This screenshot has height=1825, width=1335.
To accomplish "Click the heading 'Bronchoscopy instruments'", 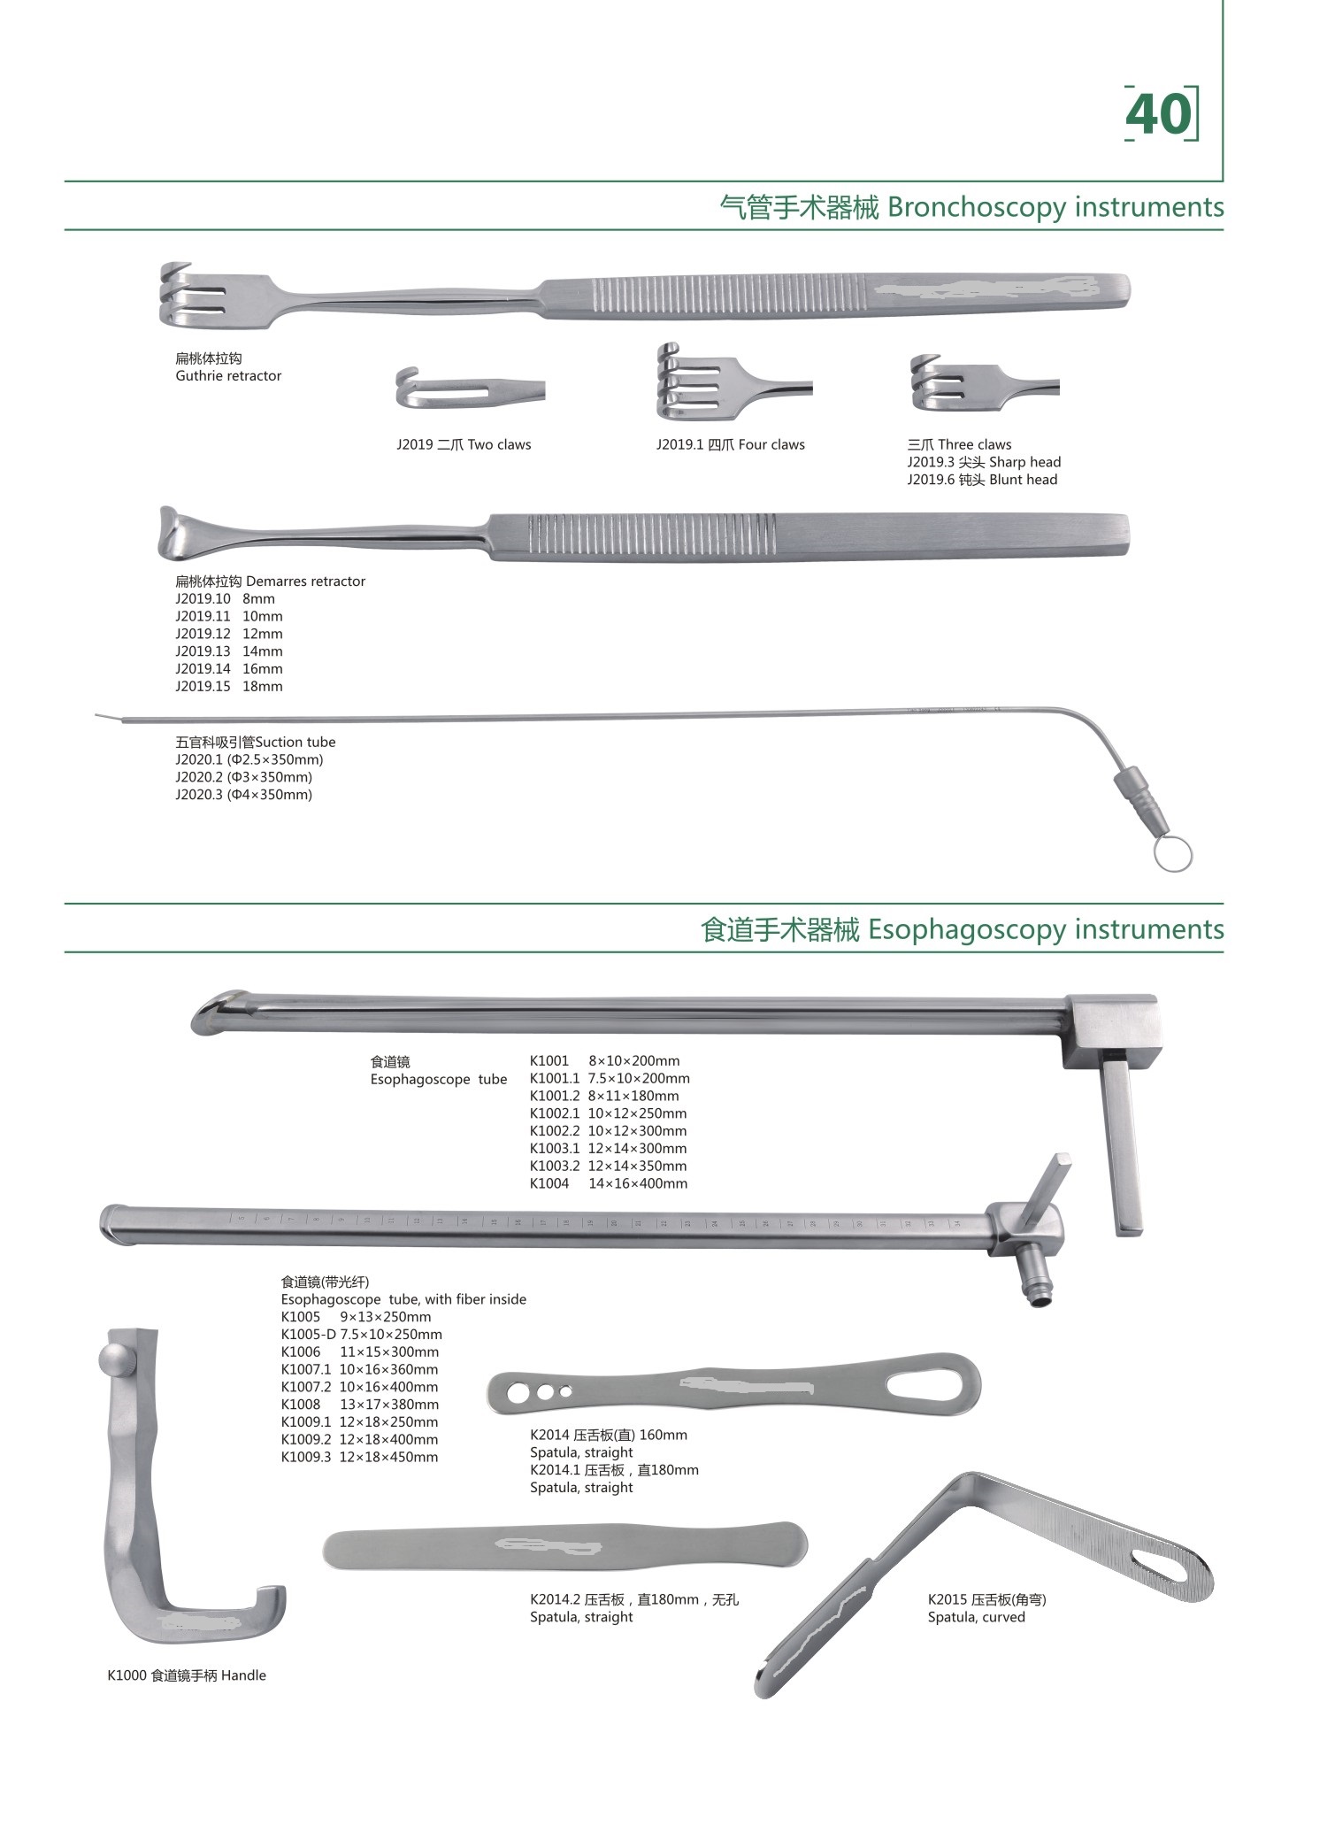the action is click(x=1055, y=207).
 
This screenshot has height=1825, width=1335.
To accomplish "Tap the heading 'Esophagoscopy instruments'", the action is click(x=1047, y=929).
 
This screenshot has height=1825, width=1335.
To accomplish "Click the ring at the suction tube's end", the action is click(x=1173, y=855).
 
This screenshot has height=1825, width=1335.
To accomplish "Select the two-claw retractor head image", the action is click(x=470, y=388).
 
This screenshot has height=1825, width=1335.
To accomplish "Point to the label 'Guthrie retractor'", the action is click(x=228, y=376).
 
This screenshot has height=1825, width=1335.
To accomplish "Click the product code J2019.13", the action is click(x=203, y=651).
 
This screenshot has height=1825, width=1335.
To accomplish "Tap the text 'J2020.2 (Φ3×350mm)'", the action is click(x=244, y=777).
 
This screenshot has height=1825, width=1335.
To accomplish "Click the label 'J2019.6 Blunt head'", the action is click(x=982, y=480).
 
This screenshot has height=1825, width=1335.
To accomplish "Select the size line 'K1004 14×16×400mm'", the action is click(x=609, y=1183).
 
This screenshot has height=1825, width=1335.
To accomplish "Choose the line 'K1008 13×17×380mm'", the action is click(x=360, y=1405).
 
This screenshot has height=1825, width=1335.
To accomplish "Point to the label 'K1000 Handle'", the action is click(x=187, y=1675).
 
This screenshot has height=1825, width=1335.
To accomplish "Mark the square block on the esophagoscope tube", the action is click(x=1111, y=1032).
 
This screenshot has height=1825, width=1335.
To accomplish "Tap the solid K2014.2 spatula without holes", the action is click(x=565, y=1545).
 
